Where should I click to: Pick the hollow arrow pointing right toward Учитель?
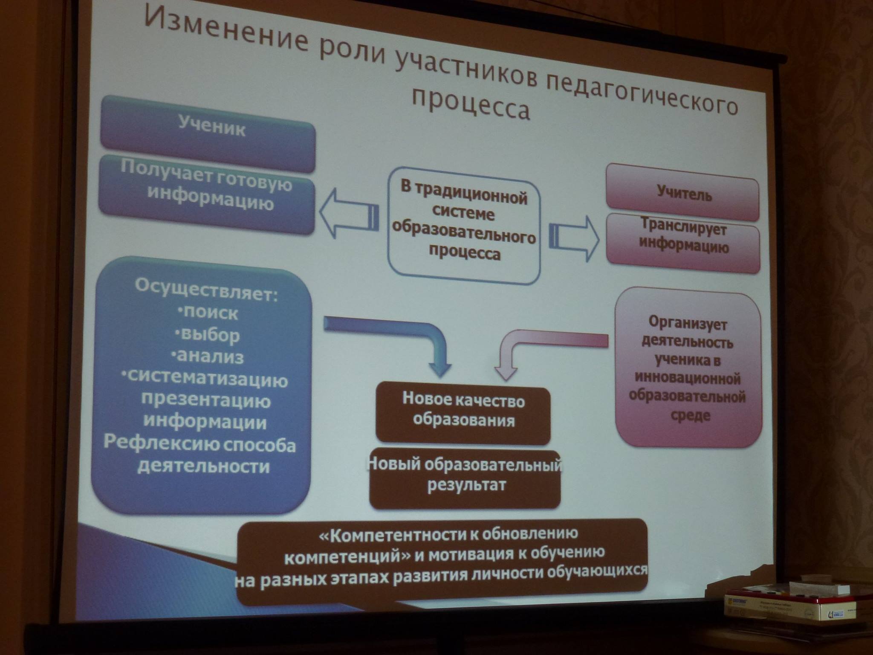(x=574, y=238)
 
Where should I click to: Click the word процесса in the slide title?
(x=471, y=104)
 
